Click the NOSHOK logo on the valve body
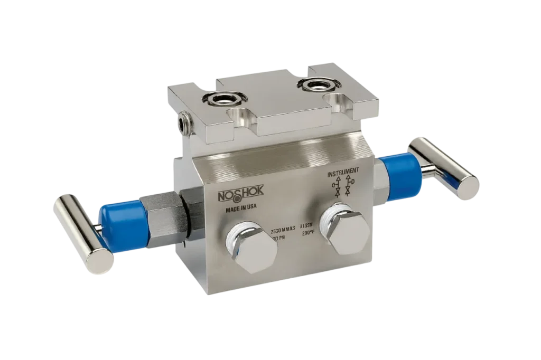(237, 197)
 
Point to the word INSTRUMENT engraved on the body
(344, 174)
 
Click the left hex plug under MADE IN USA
(251, 248)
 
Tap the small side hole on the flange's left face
(184, 122)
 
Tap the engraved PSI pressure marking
(278, 239)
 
